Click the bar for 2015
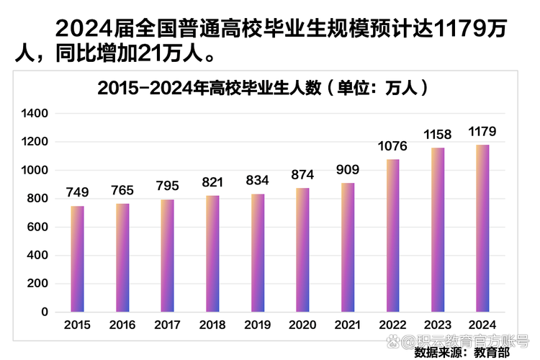click(77, 258)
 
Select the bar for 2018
click(212, 253)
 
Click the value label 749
click(77, 193)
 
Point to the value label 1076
click(392, 146)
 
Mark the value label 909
click(348, 170)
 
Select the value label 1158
click(438, 135)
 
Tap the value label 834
click(258, 181)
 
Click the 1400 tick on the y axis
click(35, 114)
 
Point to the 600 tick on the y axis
click(39, 228)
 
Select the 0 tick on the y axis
click(44, 312)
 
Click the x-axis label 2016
click(122, 325)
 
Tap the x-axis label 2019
click(258, 325)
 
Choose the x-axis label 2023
click(438, 325)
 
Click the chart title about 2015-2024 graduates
click(262, 89)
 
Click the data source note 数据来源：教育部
click(461, 353)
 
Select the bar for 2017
click(167, 256)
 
